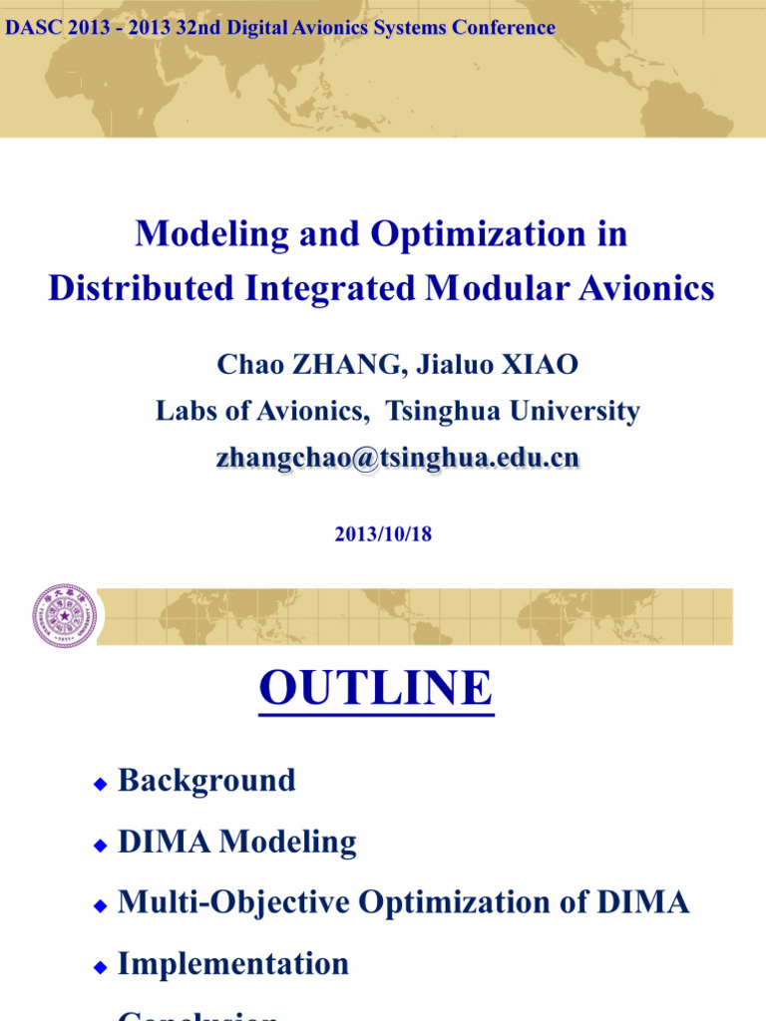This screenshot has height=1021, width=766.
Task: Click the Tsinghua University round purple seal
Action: (64, 616)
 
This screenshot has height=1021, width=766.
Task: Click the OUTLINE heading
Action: (376, 688)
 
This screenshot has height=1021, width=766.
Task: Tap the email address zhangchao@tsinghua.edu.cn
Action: (397, 458)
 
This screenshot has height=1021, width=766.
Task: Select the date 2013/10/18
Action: (383, 534)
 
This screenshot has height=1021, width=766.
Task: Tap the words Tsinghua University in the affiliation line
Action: (513, 411)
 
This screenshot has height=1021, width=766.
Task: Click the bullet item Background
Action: (206, 780)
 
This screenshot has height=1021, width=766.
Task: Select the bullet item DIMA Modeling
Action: (236, 843)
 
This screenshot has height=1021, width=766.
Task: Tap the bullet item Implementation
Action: (233, 964)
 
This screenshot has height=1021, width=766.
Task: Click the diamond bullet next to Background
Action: (100, 785)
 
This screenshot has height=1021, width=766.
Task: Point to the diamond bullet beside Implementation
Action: (100, 968)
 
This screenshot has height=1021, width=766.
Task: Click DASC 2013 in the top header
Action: (58, 28)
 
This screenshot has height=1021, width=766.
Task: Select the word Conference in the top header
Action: (503, 28)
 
